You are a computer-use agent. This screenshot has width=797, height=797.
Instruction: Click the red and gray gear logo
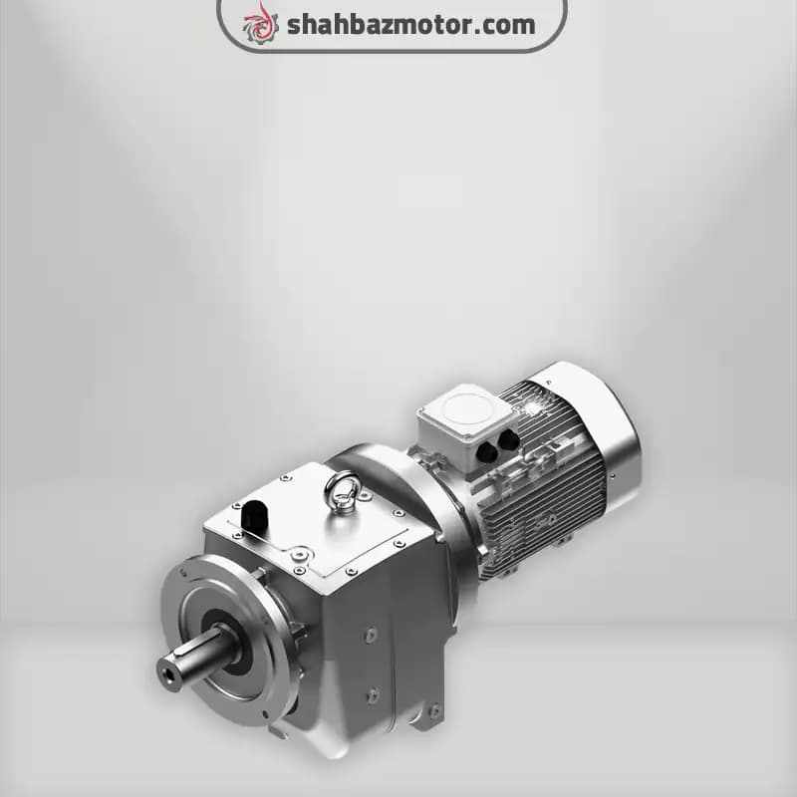261,24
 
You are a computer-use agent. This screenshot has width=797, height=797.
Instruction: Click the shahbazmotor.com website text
411,24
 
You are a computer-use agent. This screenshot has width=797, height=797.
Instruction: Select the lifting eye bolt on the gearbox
343,490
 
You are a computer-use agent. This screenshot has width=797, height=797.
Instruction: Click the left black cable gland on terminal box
488,451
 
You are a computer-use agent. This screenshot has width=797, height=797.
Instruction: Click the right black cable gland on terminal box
508,439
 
